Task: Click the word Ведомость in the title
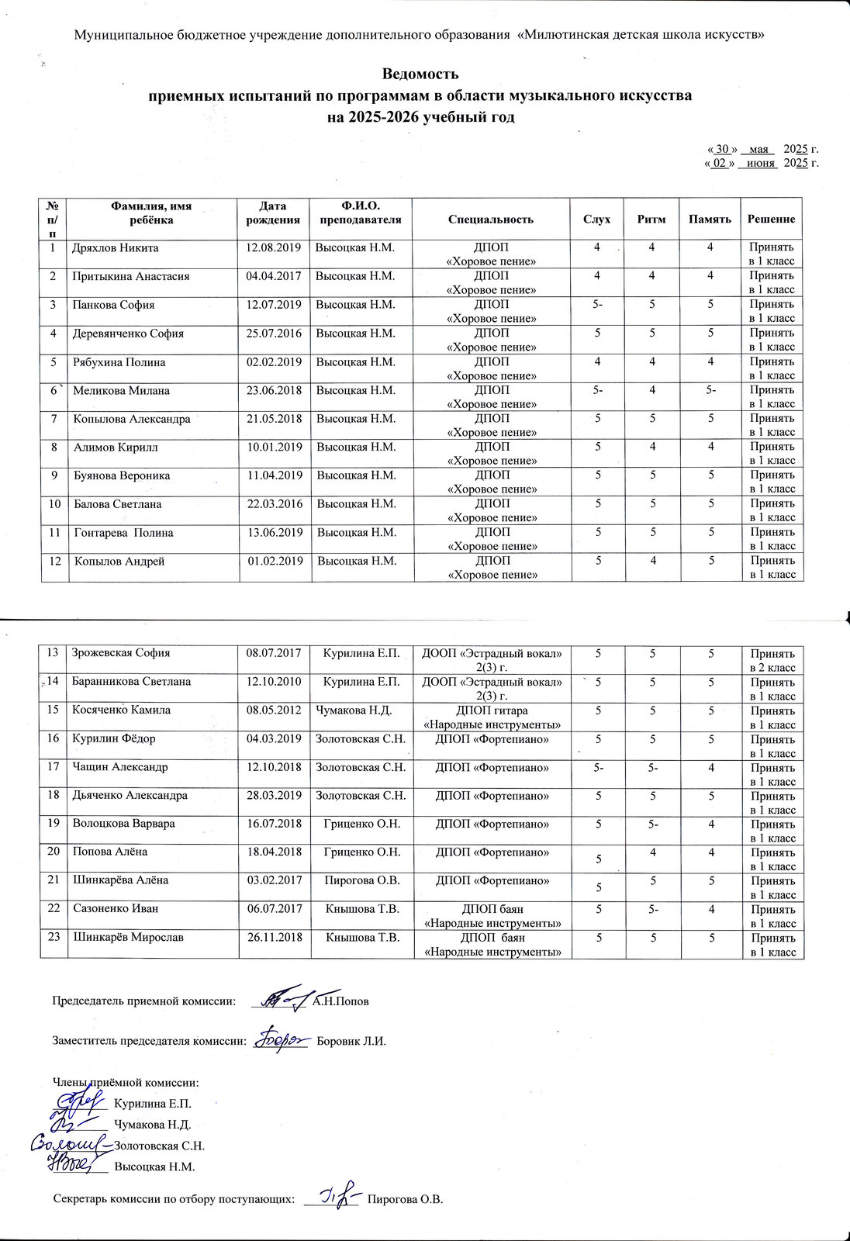pyautogui.click(x=420, y=74)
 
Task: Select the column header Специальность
pyautogui.click(x=491, y=220)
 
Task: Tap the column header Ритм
pyautogui.click(x=651, y=220)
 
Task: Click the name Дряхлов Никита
pyautogui.click(x=116, y=248)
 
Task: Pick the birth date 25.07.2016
pyautogui.click(x=273, y=334)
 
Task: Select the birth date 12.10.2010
pyautogui.click(x=273, y=682)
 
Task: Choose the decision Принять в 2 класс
pyautogui.click(x=772, y=660)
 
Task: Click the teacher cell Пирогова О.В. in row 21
pyautogui.click(x=362, y=880)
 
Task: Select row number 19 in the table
pyautogui.click(x=54, y=824)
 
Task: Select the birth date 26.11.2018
pyautogui.click(x=273, y=937)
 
